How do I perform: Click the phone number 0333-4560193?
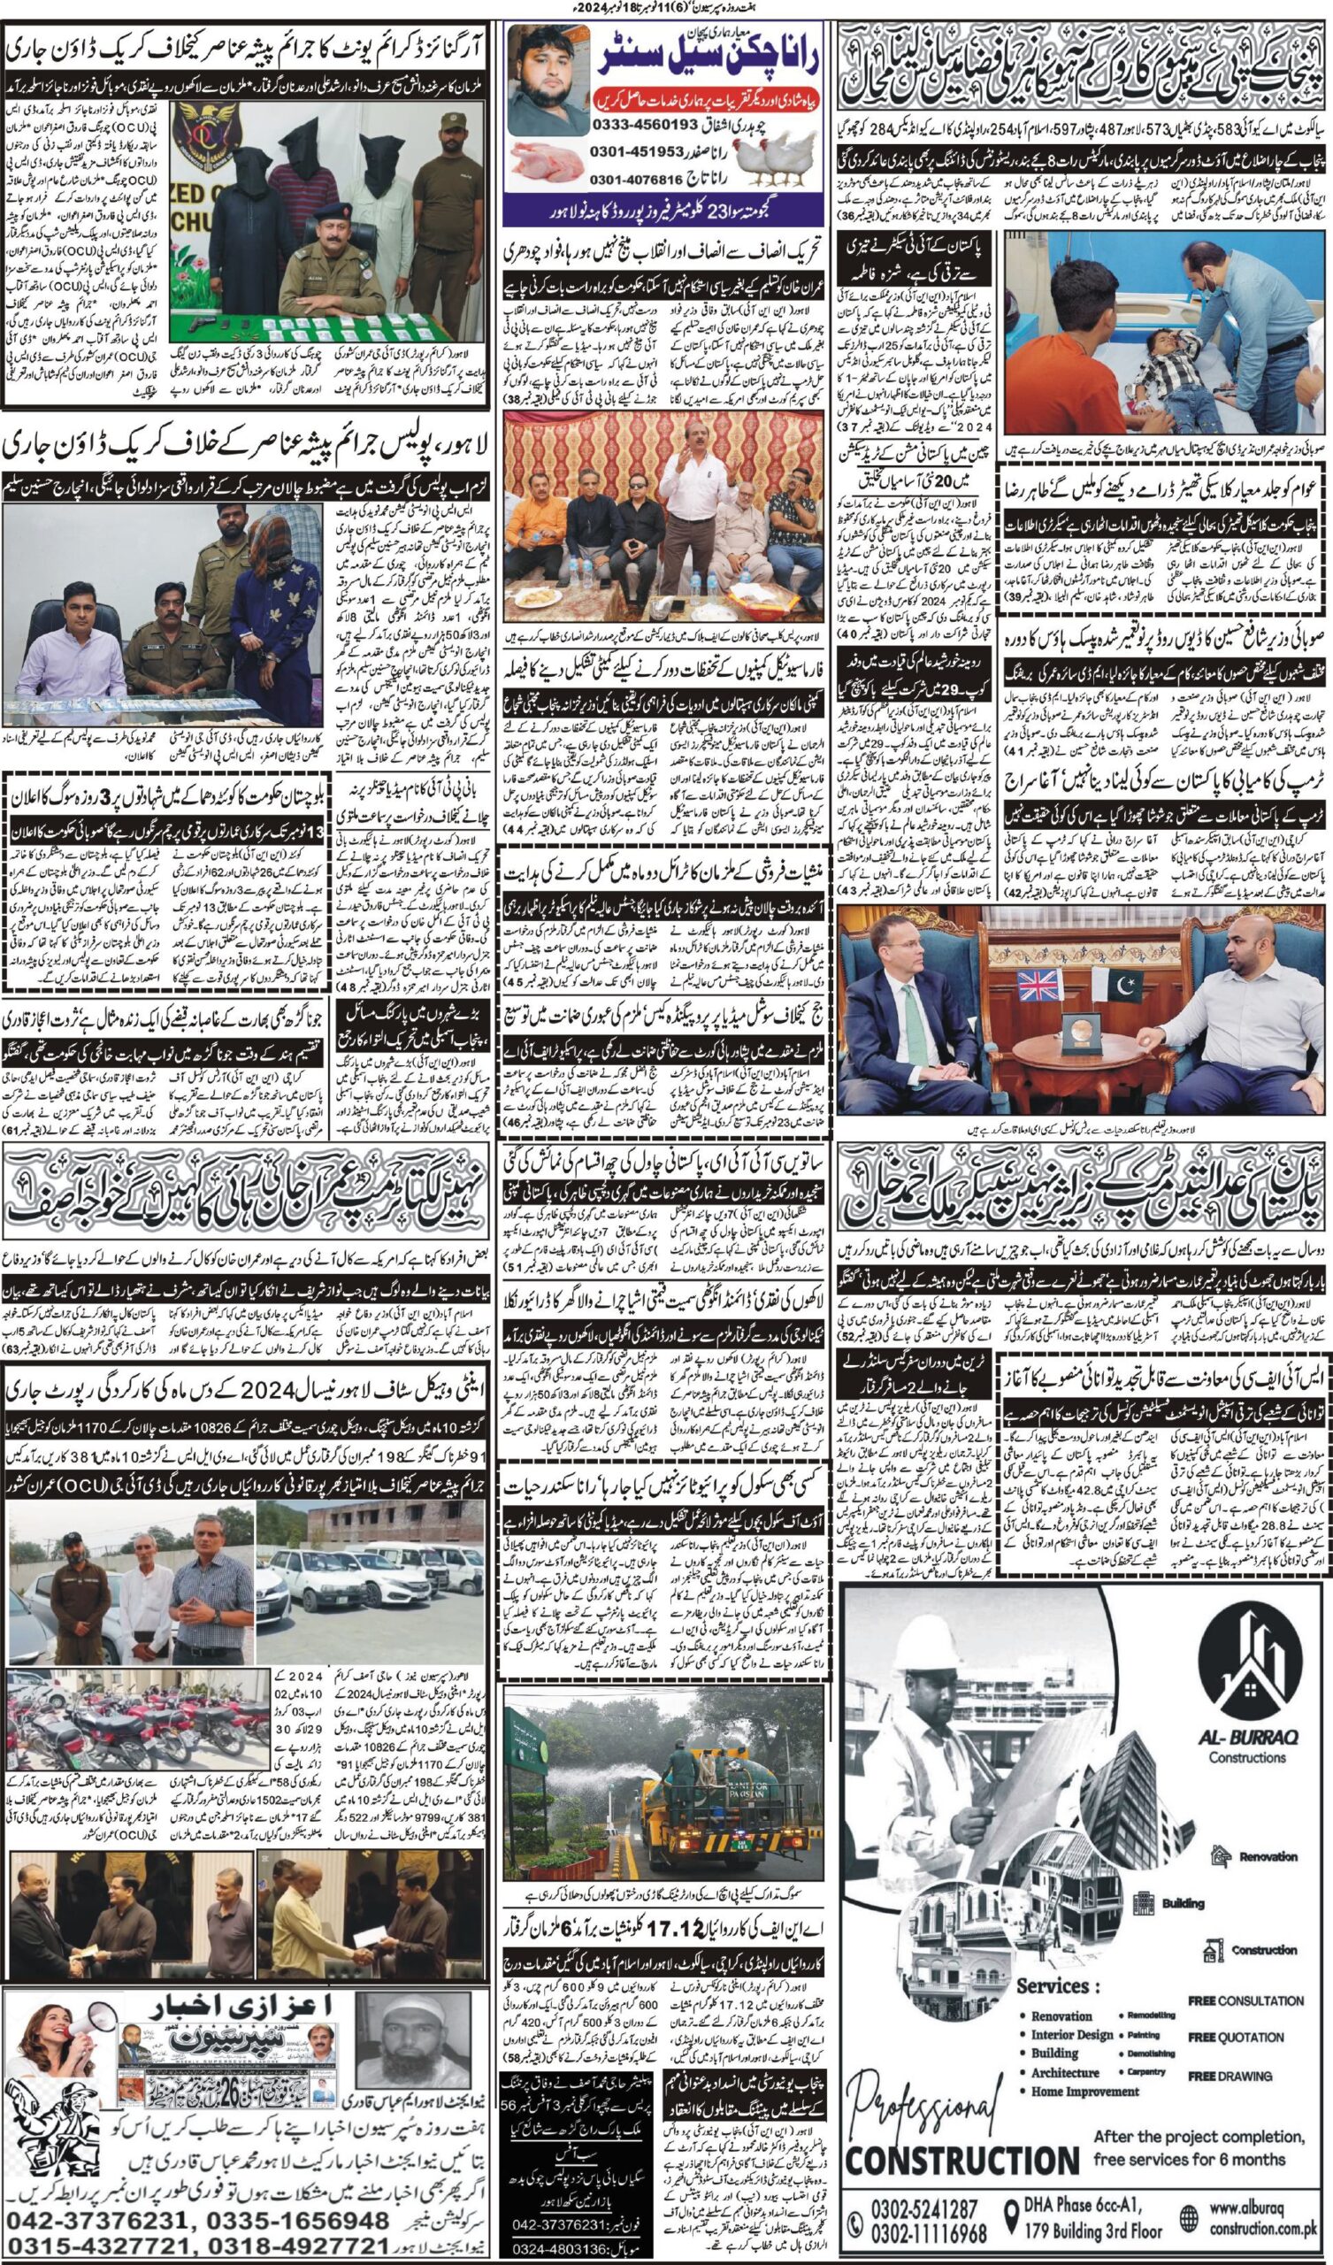(647, 123)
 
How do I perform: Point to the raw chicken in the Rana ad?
(548, 165)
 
